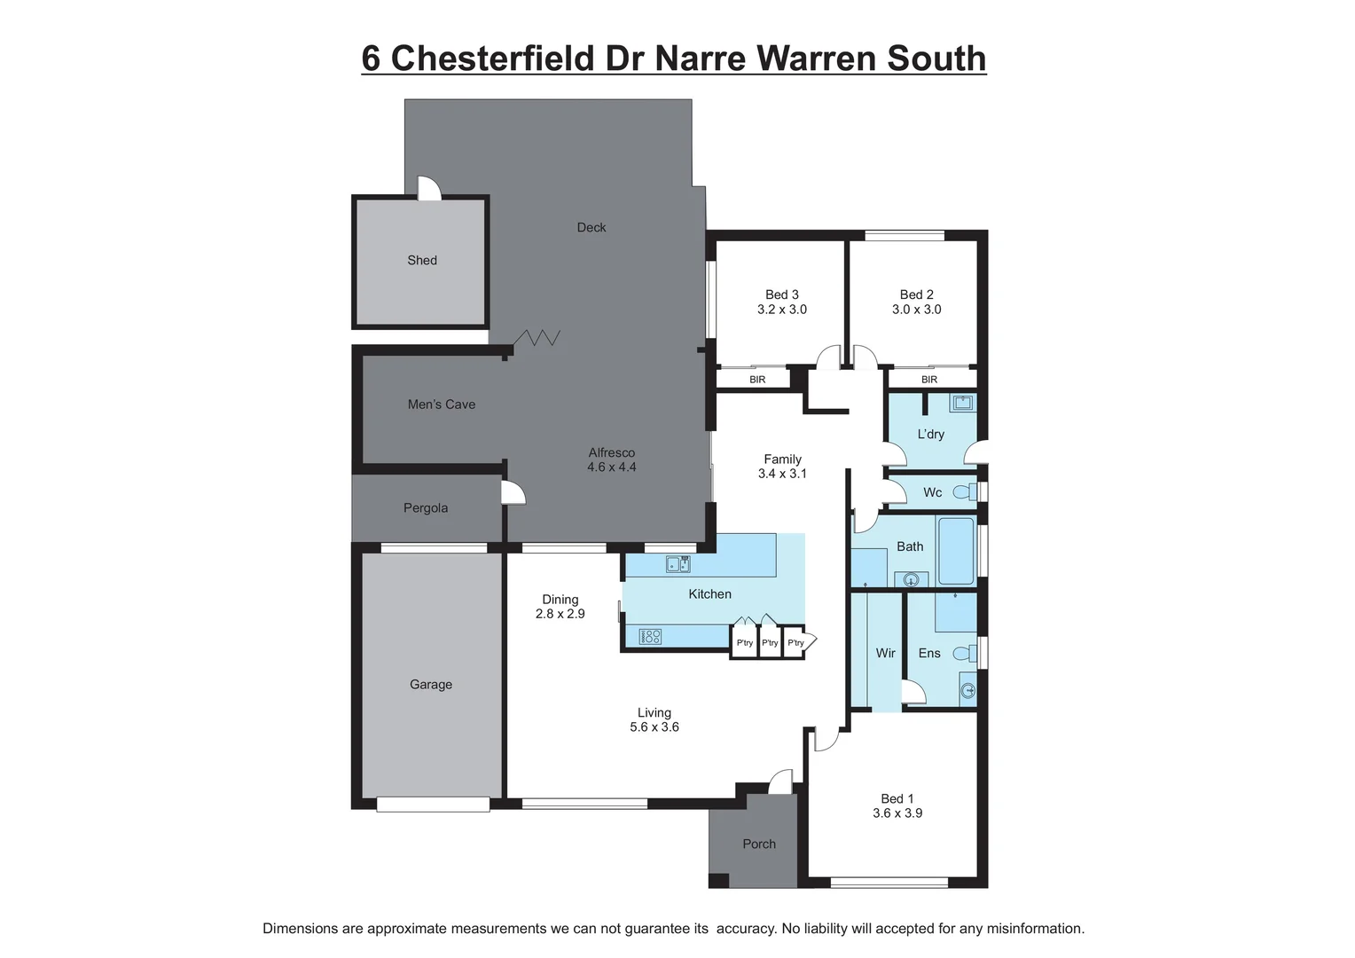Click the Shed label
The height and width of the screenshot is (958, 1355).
[422, 260]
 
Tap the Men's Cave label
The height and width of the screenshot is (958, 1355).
[442, 404]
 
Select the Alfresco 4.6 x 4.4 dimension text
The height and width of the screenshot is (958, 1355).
[612, 467]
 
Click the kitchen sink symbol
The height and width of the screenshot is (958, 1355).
[677, 563]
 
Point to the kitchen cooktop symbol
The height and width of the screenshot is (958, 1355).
[650, 636]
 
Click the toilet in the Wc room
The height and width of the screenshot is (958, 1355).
[963, 491]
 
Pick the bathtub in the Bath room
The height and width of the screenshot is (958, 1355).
[956, 551]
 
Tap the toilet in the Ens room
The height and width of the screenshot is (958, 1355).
[963, 654]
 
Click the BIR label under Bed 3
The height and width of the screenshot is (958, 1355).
[757, 380]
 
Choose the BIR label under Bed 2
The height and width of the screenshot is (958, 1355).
[929, 380]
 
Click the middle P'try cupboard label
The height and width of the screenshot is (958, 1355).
[770, 643]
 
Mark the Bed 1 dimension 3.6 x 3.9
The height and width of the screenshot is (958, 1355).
[897, 813]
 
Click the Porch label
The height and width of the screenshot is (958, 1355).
[759, 844]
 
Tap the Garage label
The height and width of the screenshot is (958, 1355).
[431, 685]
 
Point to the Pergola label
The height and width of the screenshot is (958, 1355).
[426, 508]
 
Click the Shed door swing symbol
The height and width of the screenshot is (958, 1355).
[428, 188]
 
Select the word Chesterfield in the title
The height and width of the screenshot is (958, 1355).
[492, 59]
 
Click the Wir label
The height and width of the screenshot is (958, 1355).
[886, 653]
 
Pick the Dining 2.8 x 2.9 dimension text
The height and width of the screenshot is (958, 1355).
[560, 614]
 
